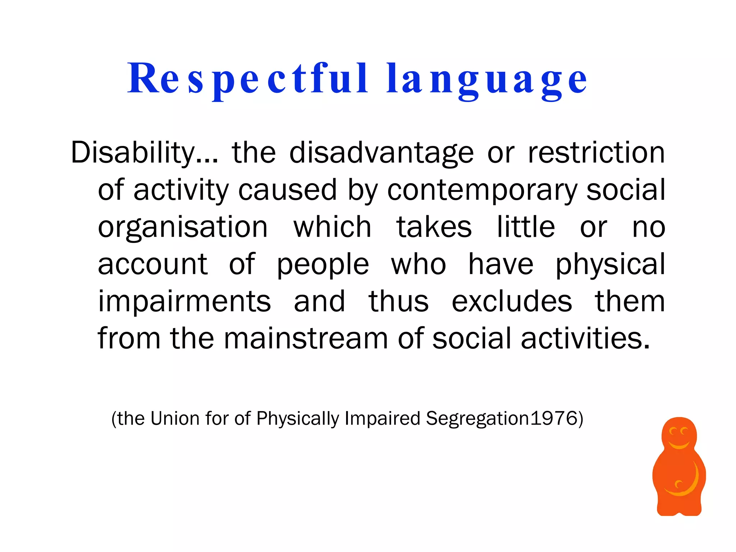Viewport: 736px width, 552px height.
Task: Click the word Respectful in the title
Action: click(x=248, y=79)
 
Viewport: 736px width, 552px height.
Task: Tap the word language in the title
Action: click(x=487, y=80)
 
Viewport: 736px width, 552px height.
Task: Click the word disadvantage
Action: click(x=381, y=152)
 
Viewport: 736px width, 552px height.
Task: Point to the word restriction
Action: click(x=596, y=152)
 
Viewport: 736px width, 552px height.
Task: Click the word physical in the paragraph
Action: click(x=610, y=265)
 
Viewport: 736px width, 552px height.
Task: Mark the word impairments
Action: click(x=184, y=302)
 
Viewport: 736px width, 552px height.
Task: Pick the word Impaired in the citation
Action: click(x=382, y=418)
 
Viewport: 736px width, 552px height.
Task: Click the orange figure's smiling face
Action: click(x=679, y=437)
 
